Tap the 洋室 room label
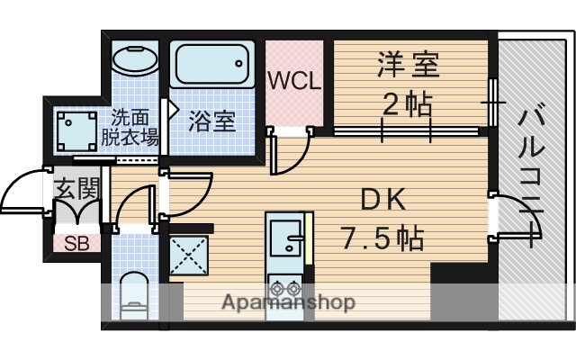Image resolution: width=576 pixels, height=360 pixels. tap(408, 67)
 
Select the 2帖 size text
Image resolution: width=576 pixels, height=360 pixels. tap(407, 104)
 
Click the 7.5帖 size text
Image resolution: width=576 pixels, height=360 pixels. tap(382, 239)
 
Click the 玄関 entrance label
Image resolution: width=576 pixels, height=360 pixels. tap(76, 189)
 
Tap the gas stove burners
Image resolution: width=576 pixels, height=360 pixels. tap(287, 291)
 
